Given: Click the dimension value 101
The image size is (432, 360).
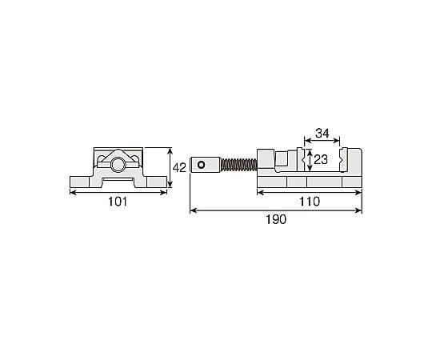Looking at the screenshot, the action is click(118, 202).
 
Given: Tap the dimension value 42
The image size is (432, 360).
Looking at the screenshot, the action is click(179, 167).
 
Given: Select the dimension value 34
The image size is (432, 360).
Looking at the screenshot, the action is click(322, 134).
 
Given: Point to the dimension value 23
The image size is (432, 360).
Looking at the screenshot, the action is click(321, 159).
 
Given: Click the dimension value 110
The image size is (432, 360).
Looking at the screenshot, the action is click(310, 202).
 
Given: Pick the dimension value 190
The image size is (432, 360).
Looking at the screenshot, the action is click(276, 219).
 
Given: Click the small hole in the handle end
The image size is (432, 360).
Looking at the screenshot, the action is click(202, 165).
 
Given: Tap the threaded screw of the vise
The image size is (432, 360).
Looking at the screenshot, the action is click(238, 165).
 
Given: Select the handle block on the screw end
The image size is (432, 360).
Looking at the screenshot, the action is click(205, 165).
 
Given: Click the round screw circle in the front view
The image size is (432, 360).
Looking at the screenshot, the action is click(118, 165).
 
